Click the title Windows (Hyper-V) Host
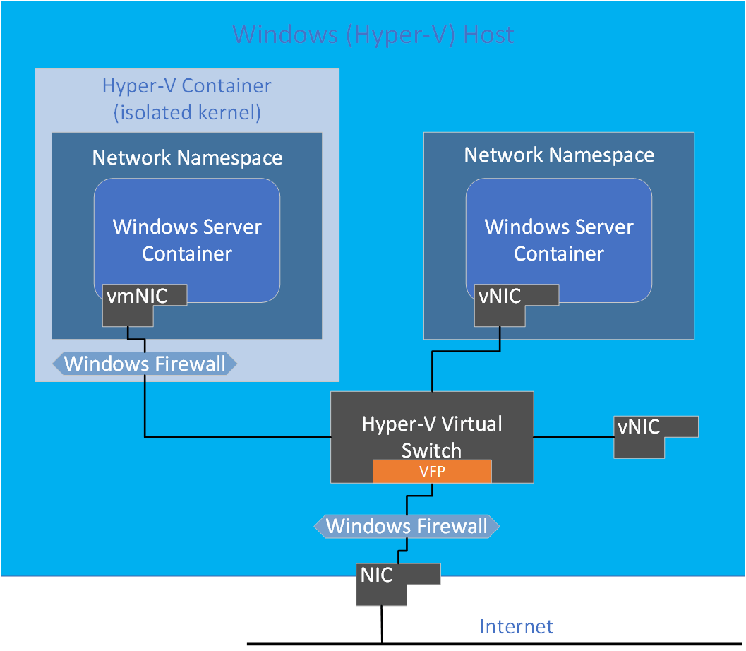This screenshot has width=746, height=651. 373,34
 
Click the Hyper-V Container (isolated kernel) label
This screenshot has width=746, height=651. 186,100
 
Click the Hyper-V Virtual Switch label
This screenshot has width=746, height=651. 431,436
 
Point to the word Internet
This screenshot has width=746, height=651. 516,626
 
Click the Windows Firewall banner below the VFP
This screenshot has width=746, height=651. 407,526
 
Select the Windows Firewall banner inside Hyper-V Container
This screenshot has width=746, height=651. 145,364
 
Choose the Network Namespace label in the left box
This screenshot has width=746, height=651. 187,157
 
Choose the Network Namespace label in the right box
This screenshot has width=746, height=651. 559,155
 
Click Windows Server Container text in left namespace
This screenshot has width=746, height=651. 187,240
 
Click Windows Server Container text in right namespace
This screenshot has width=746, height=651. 559,240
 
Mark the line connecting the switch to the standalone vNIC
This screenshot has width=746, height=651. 572,437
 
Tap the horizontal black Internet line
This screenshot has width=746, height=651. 565,643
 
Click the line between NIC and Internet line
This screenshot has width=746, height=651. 382,624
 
